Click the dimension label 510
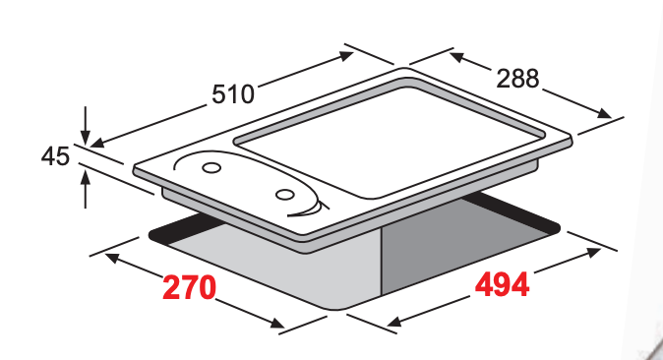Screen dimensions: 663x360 tap(233, 93)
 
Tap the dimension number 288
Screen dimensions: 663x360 tap(517, 79)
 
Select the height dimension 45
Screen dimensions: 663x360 tap(55, 156)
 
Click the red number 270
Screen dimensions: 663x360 tap(189, 287)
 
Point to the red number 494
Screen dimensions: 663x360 tap(502, 284)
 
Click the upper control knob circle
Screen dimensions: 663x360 tap(211, 167)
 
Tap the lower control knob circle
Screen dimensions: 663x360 tap(285, 195)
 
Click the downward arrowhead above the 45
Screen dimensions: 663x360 tap(86, 138)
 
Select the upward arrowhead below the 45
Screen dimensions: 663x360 tap(86, 176)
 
